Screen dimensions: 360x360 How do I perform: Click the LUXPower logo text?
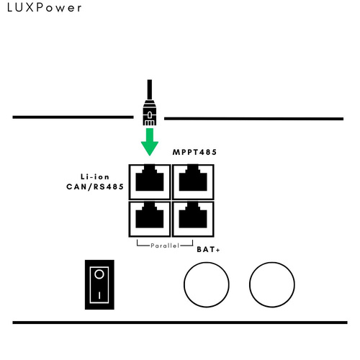pyautogui.click(x=45, y=8)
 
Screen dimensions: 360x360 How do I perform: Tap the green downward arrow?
pyautogui.click(x=150, y=142)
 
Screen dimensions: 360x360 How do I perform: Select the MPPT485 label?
pyautogui.click(x=194, y=152)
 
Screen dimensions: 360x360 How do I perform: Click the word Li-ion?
pyautogui.click(x=95, y=177)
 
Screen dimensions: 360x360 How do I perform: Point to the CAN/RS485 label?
pyautogui.click(x=95, y=186)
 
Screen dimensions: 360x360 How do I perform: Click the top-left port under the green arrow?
pyautogui.click(x=150, y=182)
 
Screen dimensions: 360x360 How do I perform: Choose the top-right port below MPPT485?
pyautogui.click(x=193, y=182)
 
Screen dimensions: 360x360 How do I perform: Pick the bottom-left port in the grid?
pyautogui.click(x=150, y=219)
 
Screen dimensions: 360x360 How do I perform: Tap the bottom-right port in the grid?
pyautogui.click(x=193, y=219)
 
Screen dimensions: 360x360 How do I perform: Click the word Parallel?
pyautogui.click(x=165, y=246)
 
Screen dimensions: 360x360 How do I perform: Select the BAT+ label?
pyautogui.click(x=208, y=250)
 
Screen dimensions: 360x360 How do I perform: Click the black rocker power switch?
pyautogui.click(x=99, y=284)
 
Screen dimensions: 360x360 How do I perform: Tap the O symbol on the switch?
pyautogui.click(x=99, y=274)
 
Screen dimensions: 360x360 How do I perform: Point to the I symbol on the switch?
pyautogui.click(x=99, y=295)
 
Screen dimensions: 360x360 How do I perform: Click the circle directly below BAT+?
pyautogui.click(x=207, y=262)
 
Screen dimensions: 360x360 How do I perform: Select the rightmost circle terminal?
pyautogui.click(x=272, y=262)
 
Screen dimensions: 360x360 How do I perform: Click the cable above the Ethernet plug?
pyautogui.click(x=150, y=90)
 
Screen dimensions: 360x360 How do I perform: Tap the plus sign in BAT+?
pyautogui.click(x=217, y=250)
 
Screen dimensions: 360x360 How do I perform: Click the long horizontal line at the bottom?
pyautogui.click(x=180, y=323)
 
